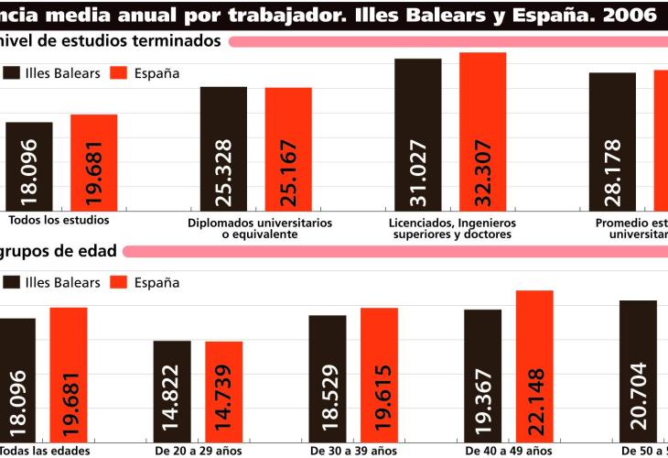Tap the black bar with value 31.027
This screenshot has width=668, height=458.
(x=418, y=134)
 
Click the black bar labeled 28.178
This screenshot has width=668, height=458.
(x=612, y=141)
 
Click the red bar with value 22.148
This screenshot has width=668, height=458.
(x=534, y=366)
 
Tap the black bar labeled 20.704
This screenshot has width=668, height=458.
(x=638, y=372)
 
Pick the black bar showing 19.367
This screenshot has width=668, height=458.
(x=482, y=376)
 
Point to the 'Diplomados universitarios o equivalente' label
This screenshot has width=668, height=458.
(x=260, y=228)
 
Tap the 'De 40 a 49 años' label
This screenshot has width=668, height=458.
(x=509, y=451)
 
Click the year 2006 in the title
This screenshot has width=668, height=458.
(x=629, y=14)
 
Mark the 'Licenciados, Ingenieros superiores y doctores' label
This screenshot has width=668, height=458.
(x=452, y=228)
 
